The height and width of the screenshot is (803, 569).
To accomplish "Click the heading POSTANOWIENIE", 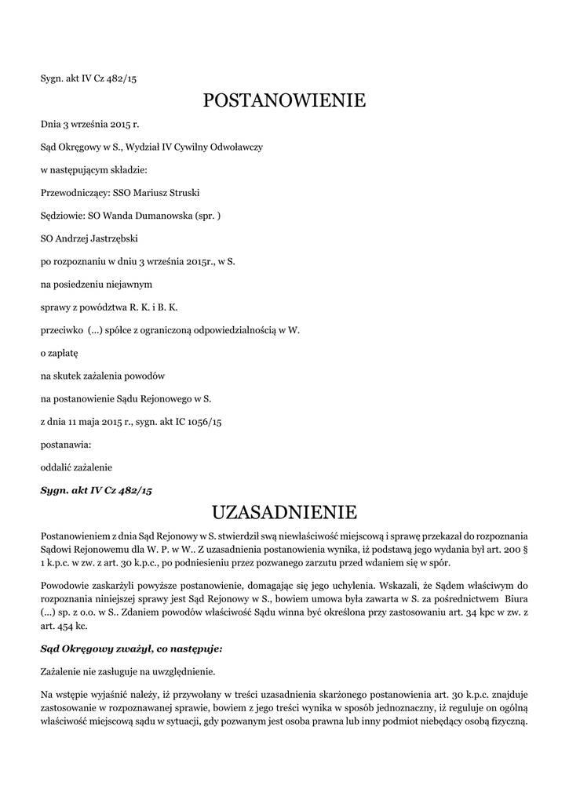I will pyautogui.click(x=284, y=100).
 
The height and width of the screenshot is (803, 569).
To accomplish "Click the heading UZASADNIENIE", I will pyautogui.click(x=284, y=513).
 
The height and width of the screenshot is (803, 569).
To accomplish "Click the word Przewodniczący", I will pyautogui.click(x=70, y=191).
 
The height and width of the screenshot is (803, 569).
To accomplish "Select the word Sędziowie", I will pyautogui.click(x=60, y=215).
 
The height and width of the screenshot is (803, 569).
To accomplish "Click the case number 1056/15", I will pyautogui.click(x=206, y=422).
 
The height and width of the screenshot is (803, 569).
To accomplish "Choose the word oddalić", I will pyautogui.click(x=54, y=467).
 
